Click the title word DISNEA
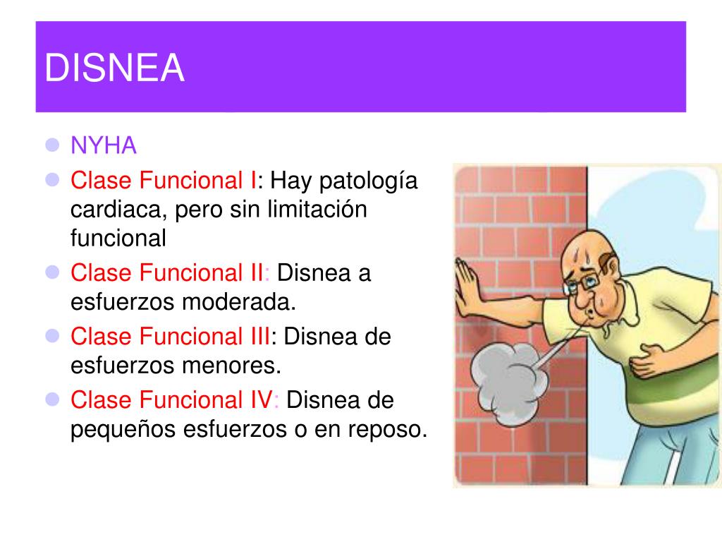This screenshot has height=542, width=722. tap(115, 68)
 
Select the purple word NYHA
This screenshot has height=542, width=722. tap(104, 146)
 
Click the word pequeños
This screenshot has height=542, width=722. tap(123, 429)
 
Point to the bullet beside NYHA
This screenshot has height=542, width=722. tap(51, 146)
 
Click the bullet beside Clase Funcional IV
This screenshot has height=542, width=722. tap(51, 400)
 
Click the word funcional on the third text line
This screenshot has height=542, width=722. tap(118, 238)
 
